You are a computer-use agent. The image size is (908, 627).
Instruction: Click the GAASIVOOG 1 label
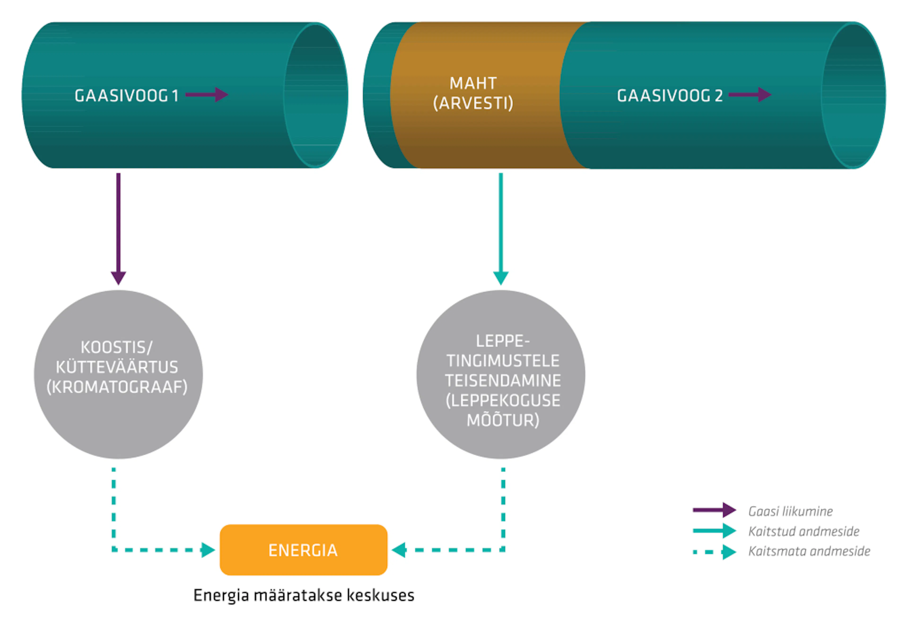(127, 96)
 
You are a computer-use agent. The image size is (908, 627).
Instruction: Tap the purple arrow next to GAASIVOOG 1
(207, 95)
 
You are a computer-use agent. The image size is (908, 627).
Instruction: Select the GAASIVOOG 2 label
(670, 96)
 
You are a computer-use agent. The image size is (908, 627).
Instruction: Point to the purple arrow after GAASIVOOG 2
(750, 95)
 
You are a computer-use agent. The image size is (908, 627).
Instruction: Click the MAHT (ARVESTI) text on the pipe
(473, 93)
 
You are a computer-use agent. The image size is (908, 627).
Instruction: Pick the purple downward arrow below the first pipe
(118, 229)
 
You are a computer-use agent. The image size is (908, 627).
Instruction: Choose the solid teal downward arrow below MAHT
(501, 229)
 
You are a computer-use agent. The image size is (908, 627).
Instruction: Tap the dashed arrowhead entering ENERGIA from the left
(208, 550)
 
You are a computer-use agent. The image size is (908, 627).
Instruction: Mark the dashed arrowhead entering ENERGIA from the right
(399, 550)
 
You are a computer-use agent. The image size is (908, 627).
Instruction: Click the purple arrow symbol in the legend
(714, 510)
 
